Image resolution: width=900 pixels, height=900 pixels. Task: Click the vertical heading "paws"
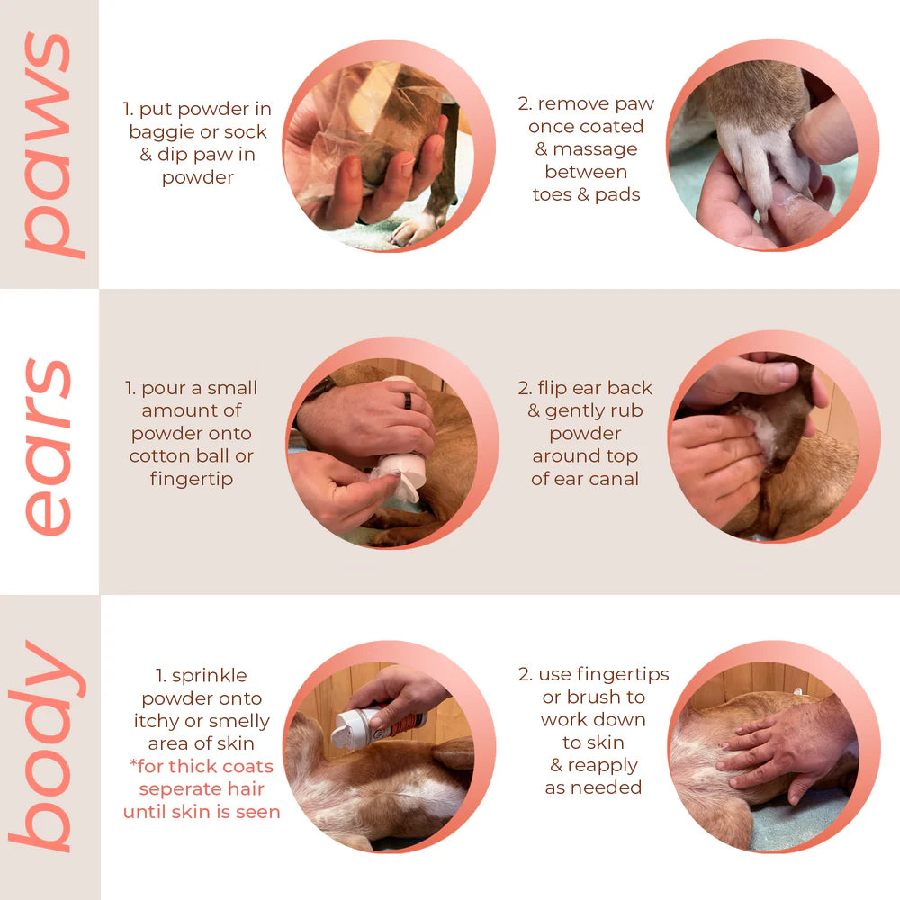[x=49, y=144]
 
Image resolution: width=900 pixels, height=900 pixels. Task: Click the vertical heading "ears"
[x=49, y=445]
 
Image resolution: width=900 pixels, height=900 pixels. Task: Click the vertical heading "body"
[x=49, y=747]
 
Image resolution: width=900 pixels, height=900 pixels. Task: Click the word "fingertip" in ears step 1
[x=192, y=479]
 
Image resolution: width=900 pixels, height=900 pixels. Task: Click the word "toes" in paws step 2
[x=554, y=194]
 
